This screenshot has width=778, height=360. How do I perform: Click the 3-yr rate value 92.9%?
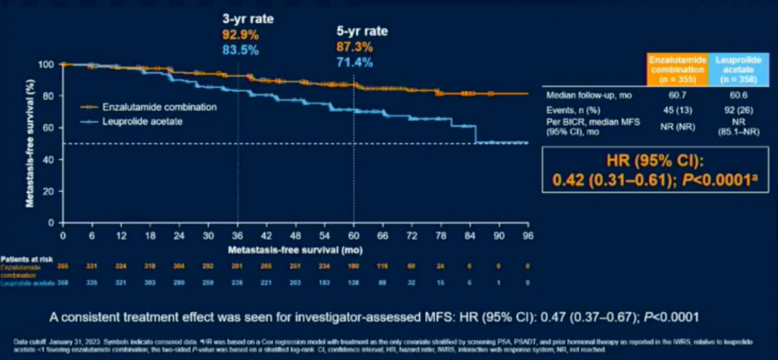239,35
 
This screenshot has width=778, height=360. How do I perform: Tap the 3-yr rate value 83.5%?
239,50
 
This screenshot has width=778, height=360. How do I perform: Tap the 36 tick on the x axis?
237,235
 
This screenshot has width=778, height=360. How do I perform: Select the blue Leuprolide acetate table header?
735,64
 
